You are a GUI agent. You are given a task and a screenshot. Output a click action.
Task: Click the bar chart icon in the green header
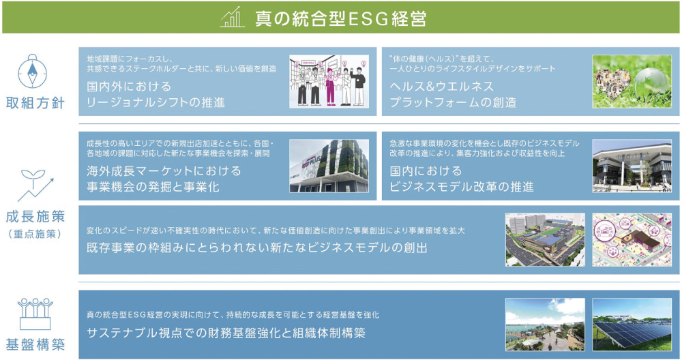click(x=232, y=18)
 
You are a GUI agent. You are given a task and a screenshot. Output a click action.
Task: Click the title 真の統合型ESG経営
click(x=340, y=18)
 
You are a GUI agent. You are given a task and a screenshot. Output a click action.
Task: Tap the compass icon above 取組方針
click(x=33, y=71)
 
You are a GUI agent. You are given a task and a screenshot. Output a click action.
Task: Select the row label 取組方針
click(x=35, y=103)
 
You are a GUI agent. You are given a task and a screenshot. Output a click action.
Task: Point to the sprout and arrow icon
click(x=35, y=185)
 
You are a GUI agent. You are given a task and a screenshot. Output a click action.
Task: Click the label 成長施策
click(x=35, y=217)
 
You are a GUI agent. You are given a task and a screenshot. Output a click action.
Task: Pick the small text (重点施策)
click(x=35, y=234)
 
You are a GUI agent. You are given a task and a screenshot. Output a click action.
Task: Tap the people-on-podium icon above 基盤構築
click(x=35, y=314)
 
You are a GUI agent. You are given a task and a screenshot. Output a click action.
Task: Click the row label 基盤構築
click(x=35, y=345)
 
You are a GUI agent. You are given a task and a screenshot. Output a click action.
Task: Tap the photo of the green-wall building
click(x=329, y=166)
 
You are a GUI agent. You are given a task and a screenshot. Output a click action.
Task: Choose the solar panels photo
click(x=632, y=325)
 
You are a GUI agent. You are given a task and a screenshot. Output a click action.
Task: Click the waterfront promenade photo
click(x=545, y=325)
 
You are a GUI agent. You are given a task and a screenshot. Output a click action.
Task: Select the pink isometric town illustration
click(x=632, y=239)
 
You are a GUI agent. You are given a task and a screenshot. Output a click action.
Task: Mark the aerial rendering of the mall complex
click(x=545, y=239)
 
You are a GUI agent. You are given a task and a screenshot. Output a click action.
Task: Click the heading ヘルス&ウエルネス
click(x=441, y=86)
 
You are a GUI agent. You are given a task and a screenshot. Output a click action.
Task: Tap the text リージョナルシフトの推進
click(x=155, y=102)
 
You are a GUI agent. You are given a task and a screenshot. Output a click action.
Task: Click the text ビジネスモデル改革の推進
click(x=462, y=187)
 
